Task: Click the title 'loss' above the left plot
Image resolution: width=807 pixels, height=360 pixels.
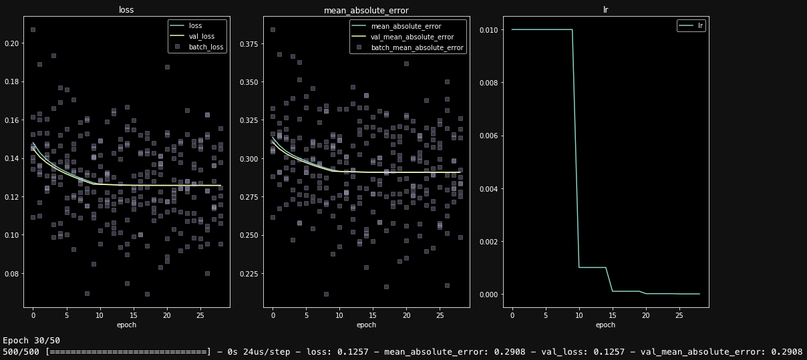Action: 126,10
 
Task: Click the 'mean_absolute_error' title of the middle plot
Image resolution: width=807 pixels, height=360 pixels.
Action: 365,10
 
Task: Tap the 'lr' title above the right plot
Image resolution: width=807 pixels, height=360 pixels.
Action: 605,10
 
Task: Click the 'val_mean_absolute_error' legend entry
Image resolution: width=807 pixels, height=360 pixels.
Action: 412,37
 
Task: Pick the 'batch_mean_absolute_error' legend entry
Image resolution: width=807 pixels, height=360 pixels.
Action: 416,47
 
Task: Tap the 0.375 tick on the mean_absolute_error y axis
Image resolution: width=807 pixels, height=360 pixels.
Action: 251,44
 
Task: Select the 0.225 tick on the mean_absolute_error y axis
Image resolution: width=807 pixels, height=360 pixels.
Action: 251,273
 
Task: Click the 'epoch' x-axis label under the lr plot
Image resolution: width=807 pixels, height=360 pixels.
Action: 605,325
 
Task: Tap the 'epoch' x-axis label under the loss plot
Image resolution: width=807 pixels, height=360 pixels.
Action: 126,325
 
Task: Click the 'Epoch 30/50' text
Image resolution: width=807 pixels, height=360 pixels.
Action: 31,340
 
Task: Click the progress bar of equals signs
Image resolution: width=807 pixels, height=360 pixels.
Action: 128,351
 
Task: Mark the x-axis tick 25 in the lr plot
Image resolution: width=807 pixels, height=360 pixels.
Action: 679,314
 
